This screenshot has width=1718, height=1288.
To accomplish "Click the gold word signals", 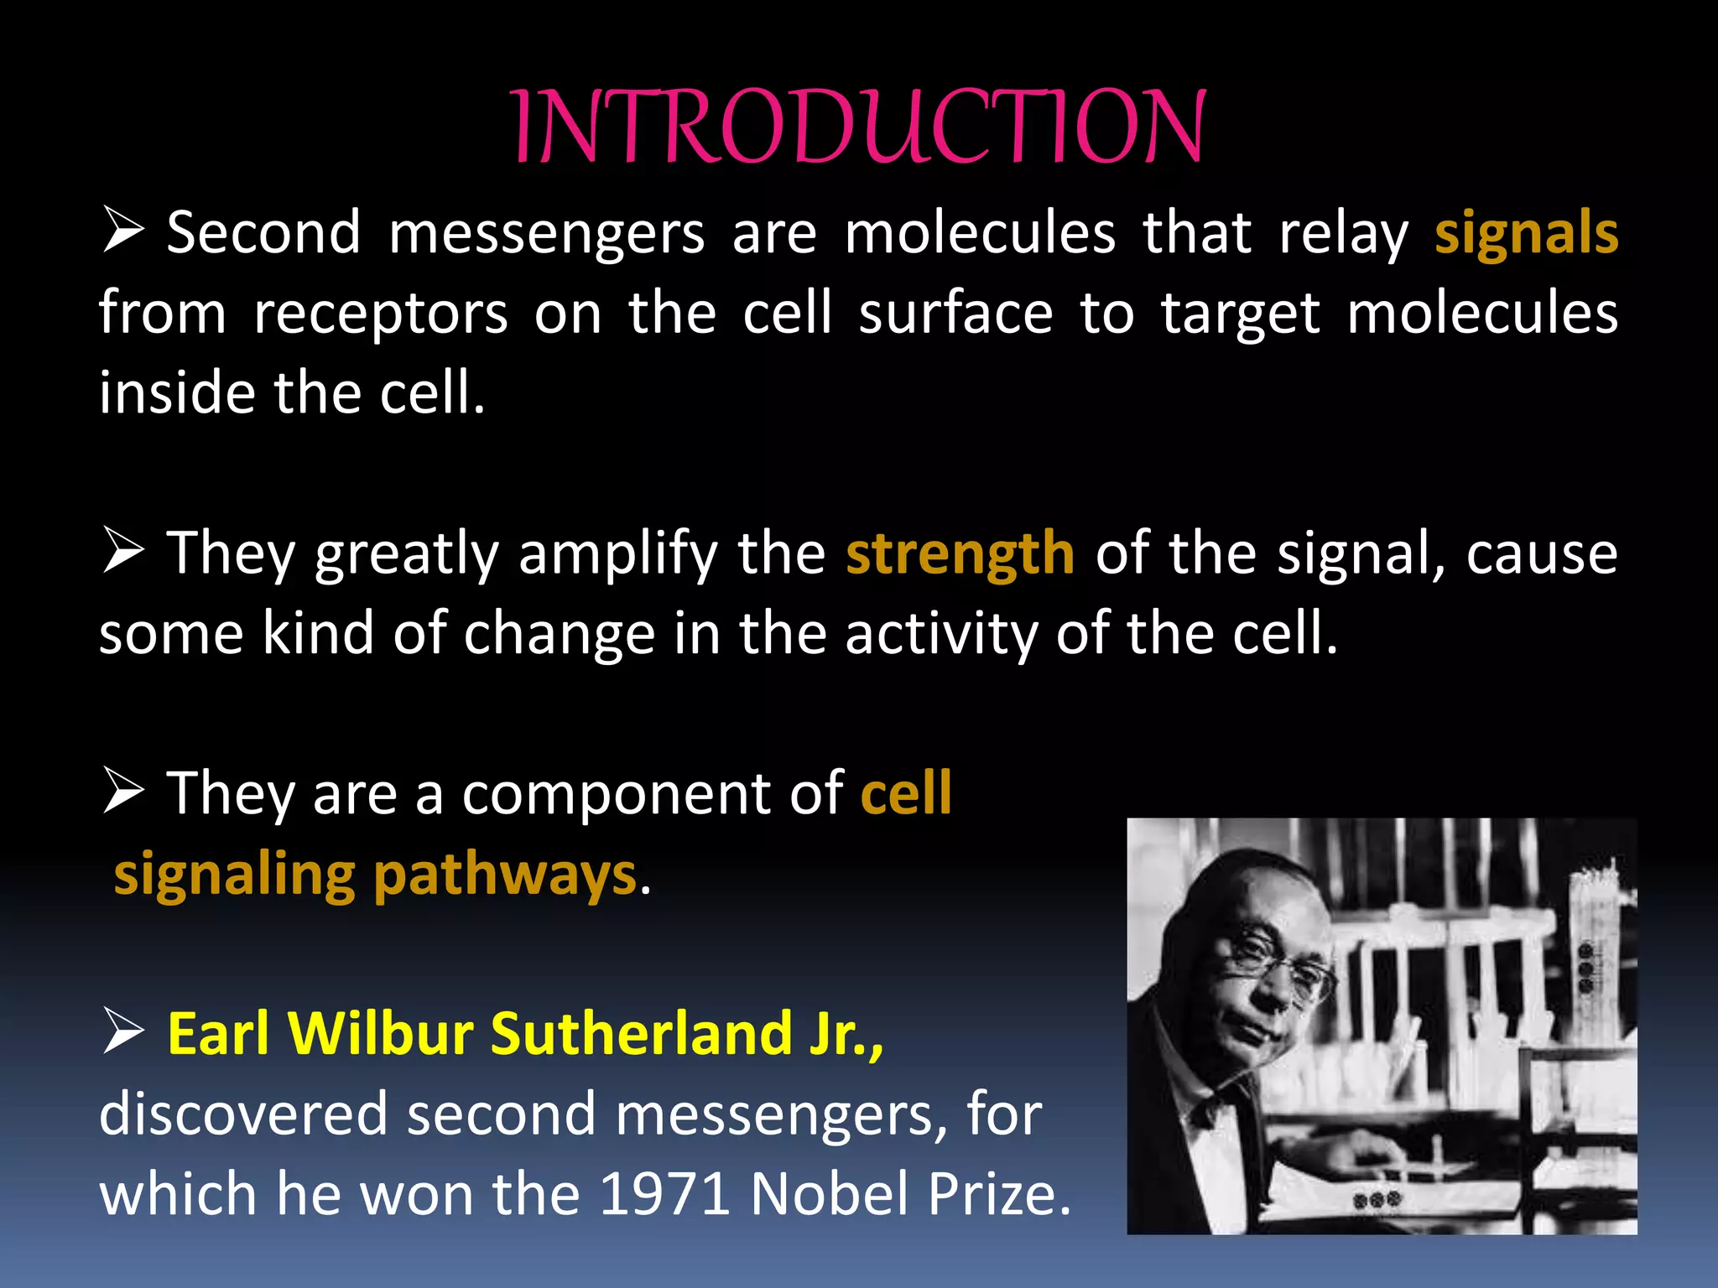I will pyautogui.click(x=1526, y=233).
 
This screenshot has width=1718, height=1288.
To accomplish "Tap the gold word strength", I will pyautogui.click(x=960, y=553).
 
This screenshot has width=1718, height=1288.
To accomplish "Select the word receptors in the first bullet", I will pyautogui.click(x=380, y=314).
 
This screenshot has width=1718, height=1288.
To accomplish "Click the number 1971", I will pyautogui.click(x=665, y=1194).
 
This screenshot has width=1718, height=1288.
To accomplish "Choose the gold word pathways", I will pyautogui.click(x=505, y=875).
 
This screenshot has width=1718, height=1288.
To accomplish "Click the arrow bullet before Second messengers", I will pyautogui.click(x=123, y=231).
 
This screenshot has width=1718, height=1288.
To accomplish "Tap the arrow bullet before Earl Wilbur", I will pyautogui.click(x=123, y=1031).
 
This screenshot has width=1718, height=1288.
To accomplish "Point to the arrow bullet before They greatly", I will pyautogui.click(x=123, y=551).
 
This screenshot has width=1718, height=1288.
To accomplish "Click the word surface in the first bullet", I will pyautogui.click(x=955, y=313).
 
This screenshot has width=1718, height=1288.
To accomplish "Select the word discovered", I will pyautogui.click(x=243, y=1114).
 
